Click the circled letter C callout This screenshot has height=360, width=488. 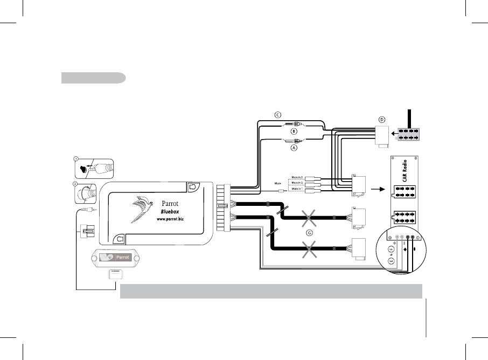(278, 115)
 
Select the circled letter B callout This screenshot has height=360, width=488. (294, 131)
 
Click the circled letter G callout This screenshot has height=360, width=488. (309, 233)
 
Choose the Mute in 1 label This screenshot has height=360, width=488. (297, 189)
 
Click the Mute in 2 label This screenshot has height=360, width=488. (297, 183)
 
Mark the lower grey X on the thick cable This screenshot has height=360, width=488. (309, 250)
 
